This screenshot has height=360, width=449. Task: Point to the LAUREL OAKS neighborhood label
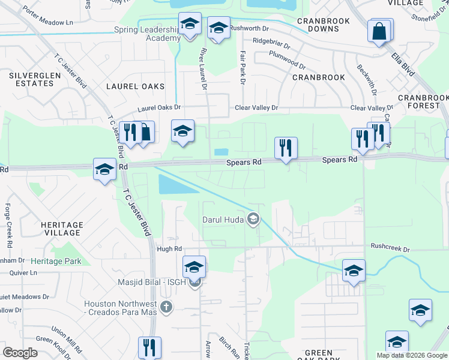click(x=135, y=86)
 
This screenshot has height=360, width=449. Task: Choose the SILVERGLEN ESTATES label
click(x=31, y=79)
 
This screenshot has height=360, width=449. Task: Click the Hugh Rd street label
click(x=169, y=249)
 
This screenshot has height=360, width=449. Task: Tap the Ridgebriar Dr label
click(x=271, y=43)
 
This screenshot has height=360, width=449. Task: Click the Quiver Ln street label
click(x=24, y=272)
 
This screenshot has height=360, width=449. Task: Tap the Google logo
click(x=20, y=353)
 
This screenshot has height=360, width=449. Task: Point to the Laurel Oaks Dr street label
click(x=159, y=108)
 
